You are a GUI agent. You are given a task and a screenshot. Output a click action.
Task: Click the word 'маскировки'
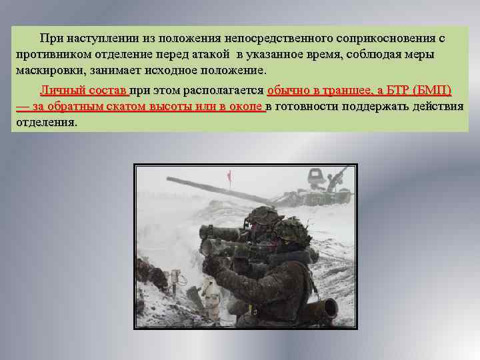point(49,71)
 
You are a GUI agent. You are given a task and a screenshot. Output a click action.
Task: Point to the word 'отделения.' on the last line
point(46,123)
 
